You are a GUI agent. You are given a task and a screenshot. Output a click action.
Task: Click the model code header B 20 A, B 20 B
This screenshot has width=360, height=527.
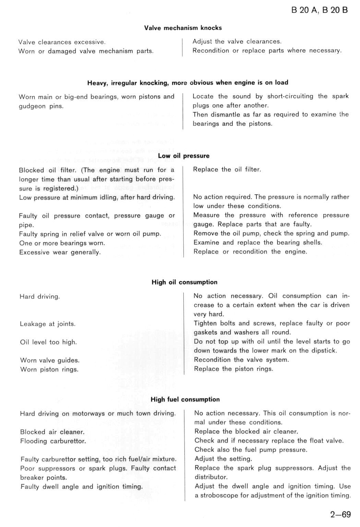(x=319, y=10)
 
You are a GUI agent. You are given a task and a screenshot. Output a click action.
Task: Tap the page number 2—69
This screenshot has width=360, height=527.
(x=340, y=514)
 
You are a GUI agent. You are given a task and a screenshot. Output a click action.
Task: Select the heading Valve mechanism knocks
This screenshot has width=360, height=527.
(x=183, y=28)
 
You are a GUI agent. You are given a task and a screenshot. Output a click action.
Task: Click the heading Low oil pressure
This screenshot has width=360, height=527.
(x=183, y=156)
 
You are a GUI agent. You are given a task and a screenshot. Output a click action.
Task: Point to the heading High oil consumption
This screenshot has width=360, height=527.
(x=184, y=282)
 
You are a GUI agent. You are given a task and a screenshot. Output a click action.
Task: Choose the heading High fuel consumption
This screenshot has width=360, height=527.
(x=185, y=400)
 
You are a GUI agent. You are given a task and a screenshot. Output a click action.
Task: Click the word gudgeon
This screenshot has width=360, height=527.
(x=32, y=107)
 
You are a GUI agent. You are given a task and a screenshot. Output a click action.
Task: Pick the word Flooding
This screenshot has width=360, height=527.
(x=34, y=441)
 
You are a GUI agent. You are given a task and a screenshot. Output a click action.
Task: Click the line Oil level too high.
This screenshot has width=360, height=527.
(x=48, y=342)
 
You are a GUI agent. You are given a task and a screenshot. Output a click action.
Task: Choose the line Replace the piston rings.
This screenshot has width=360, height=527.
(x=233, y=369)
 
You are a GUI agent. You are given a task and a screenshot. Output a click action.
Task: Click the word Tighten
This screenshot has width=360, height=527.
(x=205, y=323)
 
